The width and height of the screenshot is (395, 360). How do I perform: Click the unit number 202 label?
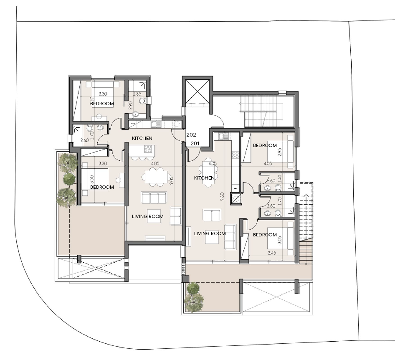click(191, 135)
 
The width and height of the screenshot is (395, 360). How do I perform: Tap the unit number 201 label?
click(195, 144)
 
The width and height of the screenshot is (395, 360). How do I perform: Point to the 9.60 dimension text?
click(222, 197)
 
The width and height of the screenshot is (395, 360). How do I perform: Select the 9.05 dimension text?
click(172, 180)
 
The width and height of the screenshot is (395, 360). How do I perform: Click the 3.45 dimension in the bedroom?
click(272, 253)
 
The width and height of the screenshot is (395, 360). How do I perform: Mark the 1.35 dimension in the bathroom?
click(137, 94)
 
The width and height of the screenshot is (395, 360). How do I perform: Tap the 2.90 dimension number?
click(131, 105)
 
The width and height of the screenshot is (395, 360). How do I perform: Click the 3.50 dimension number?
click(92, 179)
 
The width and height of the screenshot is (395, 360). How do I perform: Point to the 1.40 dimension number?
click(279, 179)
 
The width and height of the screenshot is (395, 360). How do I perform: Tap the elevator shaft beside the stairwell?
click(197, 91)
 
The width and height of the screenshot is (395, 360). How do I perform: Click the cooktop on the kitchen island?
click(148, 149)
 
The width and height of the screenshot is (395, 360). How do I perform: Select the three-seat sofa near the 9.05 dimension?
click(154, 198)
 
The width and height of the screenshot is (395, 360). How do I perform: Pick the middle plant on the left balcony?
click(69, 178)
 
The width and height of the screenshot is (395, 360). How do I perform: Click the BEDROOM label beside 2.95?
click(265, 145)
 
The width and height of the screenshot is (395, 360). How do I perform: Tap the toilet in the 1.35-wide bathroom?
click(142, 101)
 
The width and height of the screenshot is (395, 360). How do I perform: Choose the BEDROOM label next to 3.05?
click(265, 235)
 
